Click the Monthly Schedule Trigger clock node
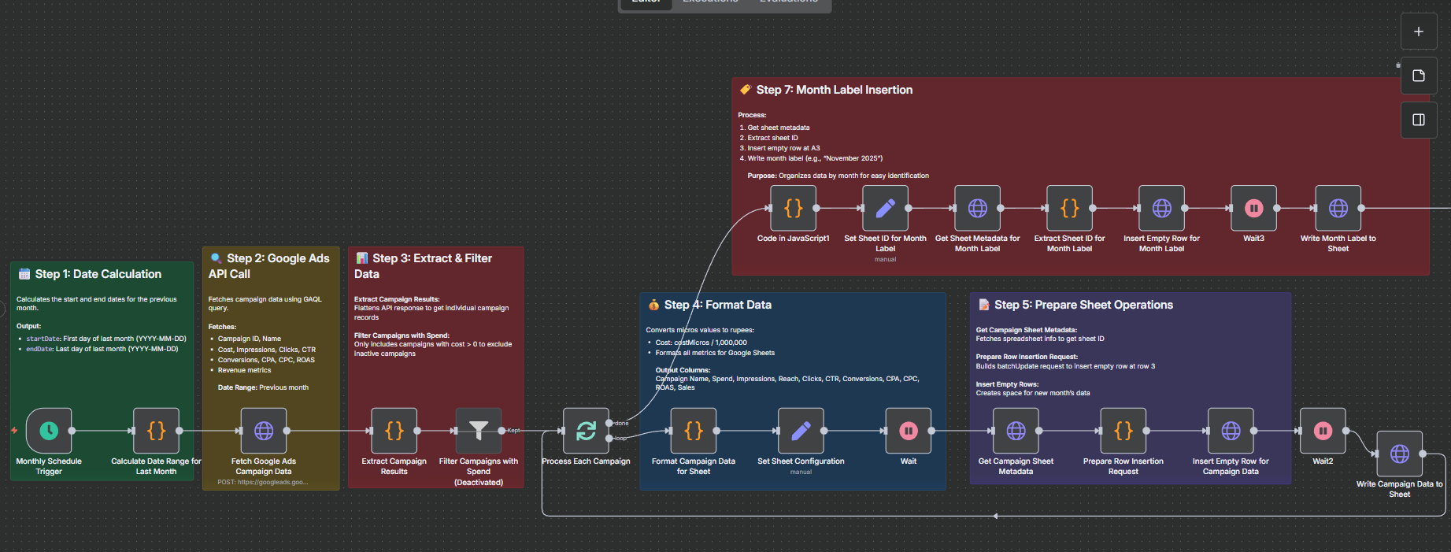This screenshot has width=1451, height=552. (x=49, y=431)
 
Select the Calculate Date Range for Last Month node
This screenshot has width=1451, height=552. (x=156, y=431)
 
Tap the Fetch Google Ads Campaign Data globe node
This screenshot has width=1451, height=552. (x=264, y=431)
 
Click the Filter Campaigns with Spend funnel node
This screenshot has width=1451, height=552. (x=479, y=431)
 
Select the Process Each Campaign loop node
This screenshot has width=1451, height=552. (x=586, y=431)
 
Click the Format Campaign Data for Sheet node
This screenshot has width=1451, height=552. (x=693, y=431)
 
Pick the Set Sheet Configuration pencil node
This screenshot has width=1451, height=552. (x=801, y=431)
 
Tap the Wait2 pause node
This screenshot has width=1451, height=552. (x=1323, y=431)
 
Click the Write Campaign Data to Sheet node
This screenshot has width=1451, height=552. (x=1399, y=454)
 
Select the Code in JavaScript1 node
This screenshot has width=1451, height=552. (x=793, y=208)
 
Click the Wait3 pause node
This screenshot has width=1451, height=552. (x=1253, y=208)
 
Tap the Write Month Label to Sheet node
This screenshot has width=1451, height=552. (x=1338, y=208)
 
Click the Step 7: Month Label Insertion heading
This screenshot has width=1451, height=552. (x=834, y=90)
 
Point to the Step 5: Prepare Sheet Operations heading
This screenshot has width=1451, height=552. (x=1083, y=305)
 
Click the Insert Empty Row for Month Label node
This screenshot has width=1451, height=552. (x=1161, y=208)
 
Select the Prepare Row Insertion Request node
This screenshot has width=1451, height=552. (x=1123, y=431)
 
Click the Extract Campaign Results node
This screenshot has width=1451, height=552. (x=394, y=431)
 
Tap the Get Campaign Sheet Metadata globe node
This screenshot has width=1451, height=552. (x=1016, y=431)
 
